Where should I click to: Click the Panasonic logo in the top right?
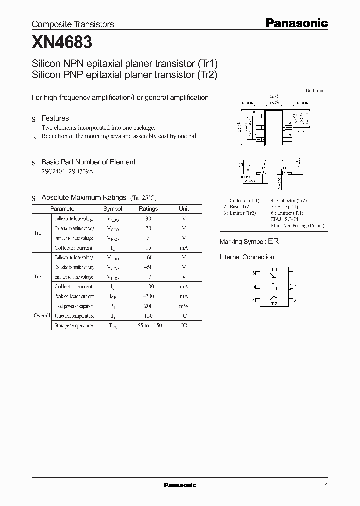point(296,23)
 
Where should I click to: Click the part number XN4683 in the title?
point(62,43)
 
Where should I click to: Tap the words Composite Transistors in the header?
point(73,24)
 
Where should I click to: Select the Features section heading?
point(55,118)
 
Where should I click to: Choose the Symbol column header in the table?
point(112,209)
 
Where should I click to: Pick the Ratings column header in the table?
point(148,209)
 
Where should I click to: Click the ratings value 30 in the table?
point(148,219)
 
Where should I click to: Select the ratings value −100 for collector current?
point(148,286)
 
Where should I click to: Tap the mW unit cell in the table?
point(184,306)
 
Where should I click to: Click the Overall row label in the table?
point(42,316)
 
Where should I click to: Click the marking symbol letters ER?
point(273,241)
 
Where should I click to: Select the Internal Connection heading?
point(247,257)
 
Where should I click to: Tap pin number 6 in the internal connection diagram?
point(253,273)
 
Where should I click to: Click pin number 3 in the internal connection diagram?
point(295,300)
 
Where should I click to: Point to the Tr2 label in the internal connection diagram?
point(274,304)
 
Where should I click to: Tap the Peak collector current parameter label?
point(73,296)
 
